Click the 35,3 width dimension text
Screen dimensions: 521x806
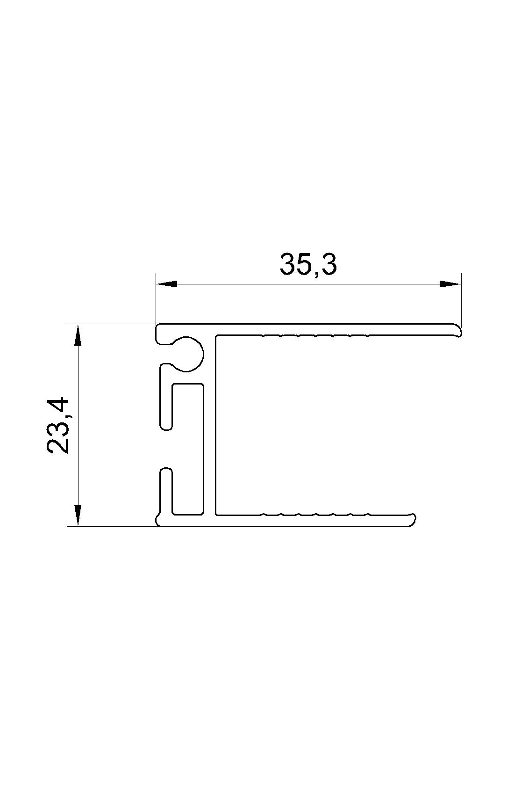click(x=308, y=265)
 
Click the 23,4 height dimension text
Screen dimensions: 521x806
click(x=58, y=425)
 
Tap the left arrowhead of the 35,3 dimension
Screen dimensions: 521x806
click(x=166, y=284)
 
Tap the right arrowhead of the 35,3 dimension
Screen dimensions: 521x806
click(x=450, y=284)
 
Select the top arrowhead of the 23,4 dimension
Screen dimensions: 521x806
click(x=78, y=334)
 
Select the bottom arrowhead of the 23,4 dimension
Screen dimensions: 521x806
click(x=78, y=516)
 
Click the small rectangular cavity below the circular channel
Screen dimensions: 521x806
click(x=188, y=449)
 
